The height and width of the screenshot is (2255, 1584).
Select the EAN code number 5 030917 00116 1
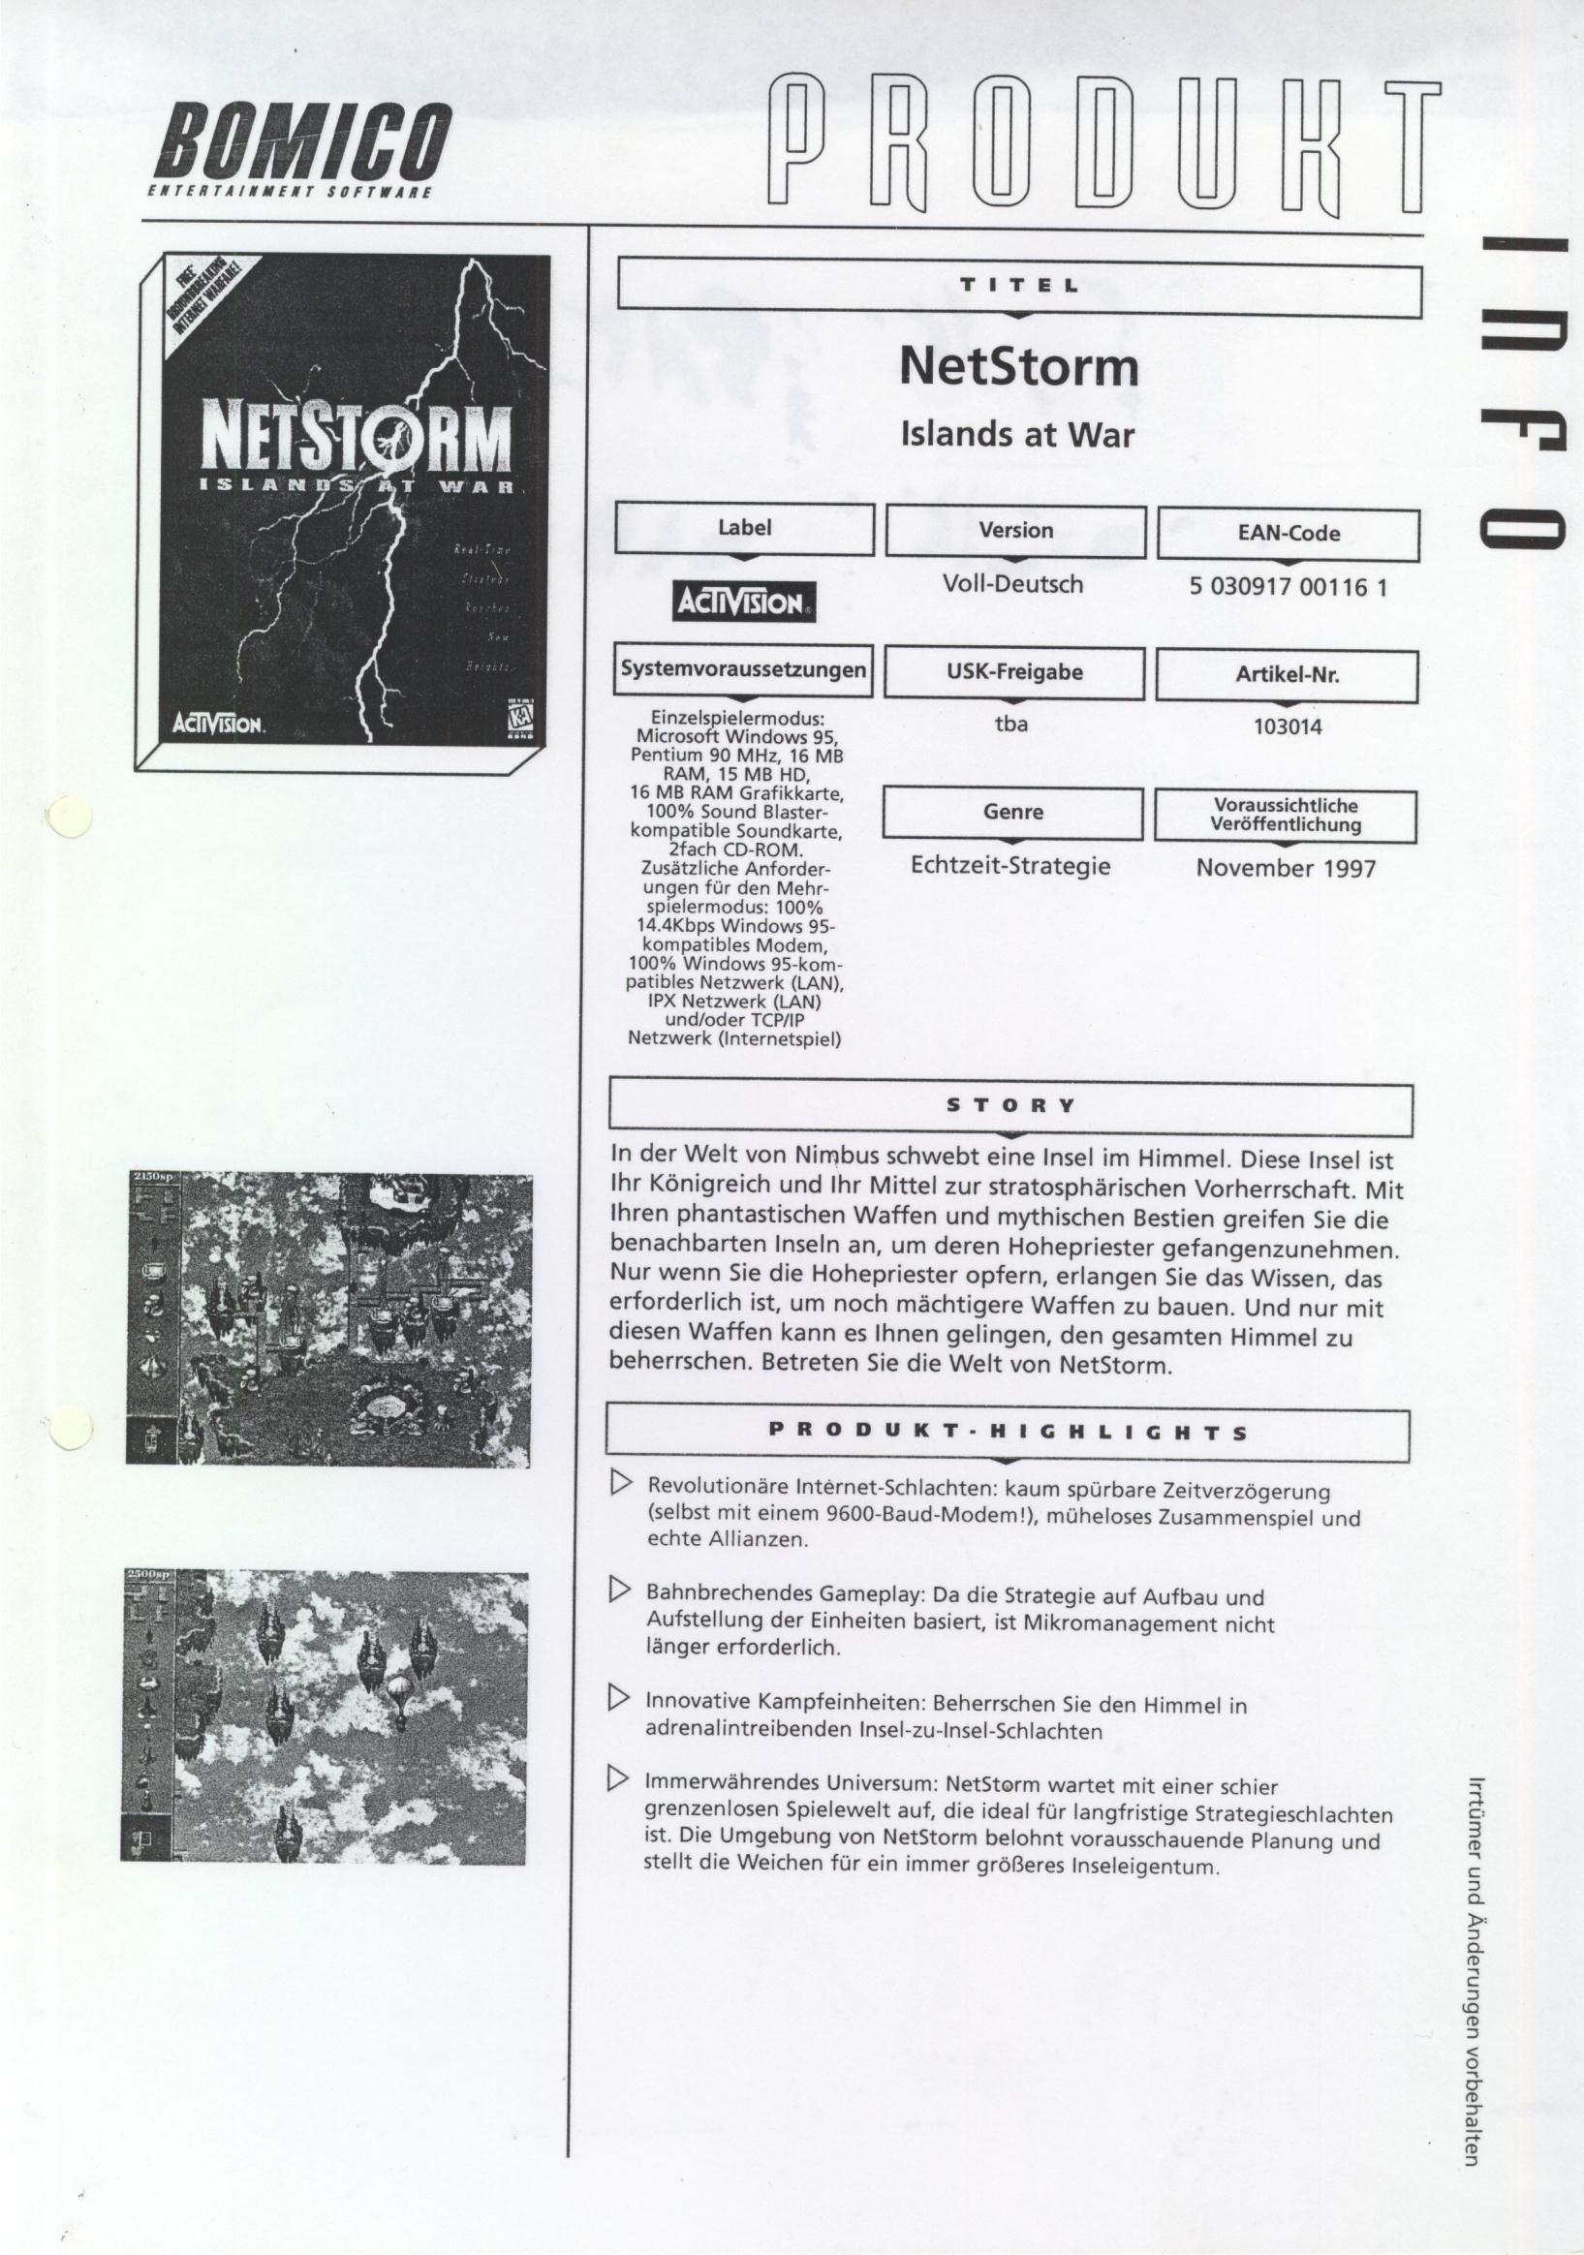[x=1288, y=588]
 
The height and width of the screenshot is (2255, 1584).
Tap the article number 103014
[x=1288, y=727]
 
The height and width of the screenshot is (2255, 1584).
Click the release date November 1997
[x=1286, y=868]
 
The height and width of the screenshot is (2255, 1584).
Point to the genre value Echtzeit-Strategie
[x=1010, y=865]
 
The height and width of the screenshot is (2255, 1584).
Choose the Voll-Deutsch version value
[x=1012, y=584]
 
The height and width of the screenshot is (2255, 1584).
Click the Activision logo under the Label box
[x=744, y=602]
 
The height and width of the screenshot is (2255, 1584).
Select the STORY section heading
[x=1010, y=1105]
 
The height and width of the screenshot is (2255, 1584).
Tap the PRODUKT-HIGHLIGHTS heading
[x=1008, y=1431]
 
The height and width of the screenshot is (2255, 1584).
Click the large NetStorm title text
[x=1018, y=367]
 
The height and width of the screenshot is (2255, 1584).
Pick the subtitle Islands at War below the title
[x=1017, y=434]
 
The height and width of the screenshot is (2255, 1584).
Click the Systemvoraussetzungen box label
[x=743, y=671]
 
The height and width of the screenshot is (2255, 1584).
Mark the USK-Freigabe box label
[x=1014, y=674]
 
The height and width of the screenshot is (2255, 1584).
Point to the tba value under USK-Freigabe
[x=1011, y=725]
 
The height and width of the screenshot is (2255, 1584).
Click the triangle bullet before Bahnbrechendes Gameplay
[x=620, y=1589]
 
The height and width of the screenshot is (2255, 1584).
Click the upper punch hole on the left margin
[x=69, y=817]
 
